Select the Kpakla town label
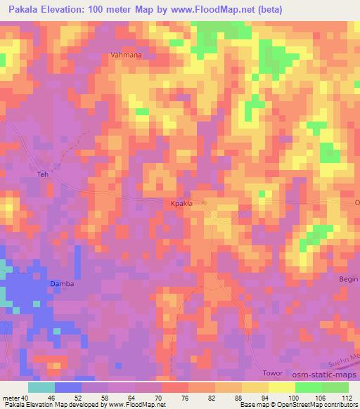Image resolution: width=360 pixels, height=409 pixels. tap(182, 204)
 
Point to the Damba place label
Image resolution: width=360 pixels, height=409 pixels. tap(61, 284)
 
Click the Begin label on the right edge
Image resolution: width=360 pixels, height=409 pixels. tap(349, 278)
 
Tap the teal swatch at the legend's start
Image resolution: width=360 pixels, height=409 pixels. tap(41, 387)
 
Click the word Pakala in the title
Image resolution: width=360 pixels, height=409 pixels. tap(22, 9)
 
